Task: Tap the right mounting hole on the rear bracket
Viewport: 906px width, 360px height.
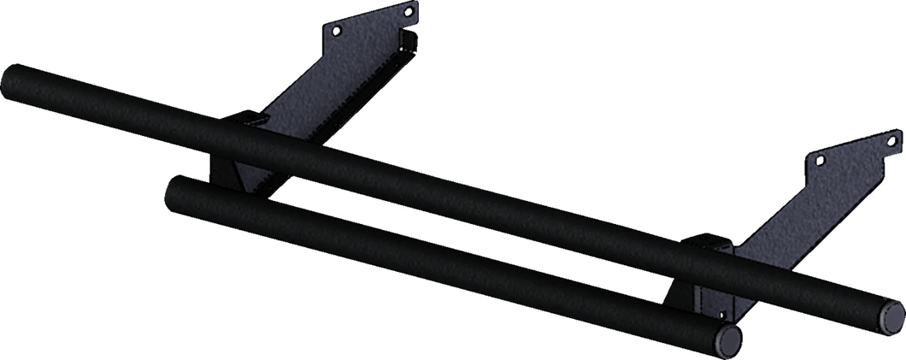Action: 409,12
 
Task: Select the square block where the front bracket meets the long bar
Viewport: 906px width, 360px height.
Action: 711,252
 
